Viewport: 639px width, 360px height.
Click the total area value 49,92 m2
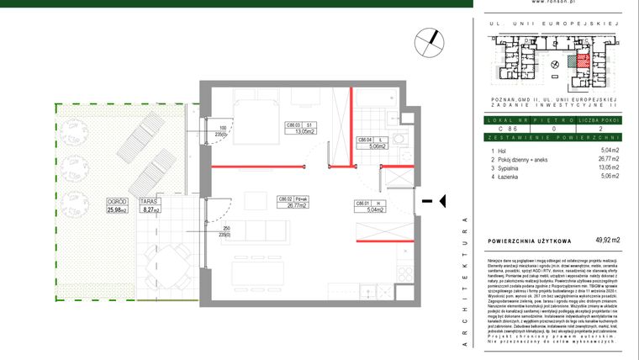tap(606, 241)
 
